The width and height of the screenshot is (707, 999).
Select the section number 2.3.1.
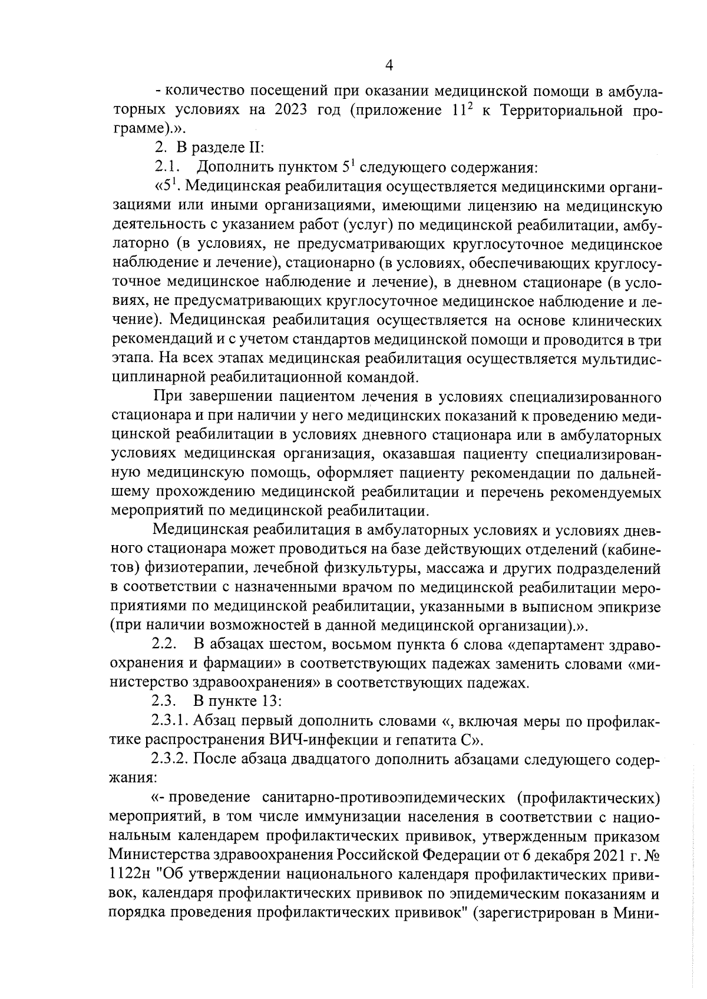click(x=170, y=721)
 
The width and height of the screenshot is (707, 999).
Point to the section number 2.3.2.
click(x=170, y=759)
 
